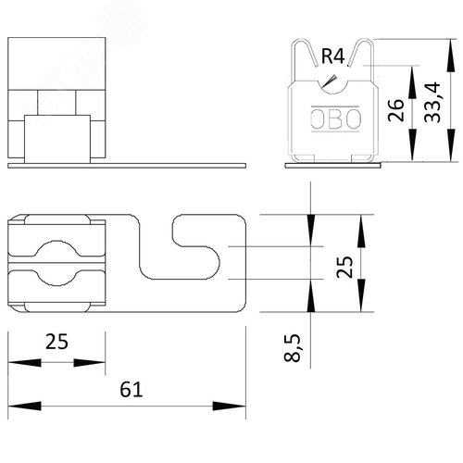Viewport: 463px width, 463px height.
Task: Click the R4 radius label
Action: [332, 56]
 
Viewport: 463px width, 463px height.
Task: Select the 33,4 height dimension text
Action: [432, 102]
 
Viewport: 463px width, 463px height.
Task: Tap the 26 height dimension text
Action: [395, 110]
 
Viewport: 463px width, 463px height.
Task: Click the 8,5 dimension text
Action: [292, 347]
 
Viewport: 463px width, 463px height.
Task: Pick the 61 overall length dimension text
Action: [131, 389]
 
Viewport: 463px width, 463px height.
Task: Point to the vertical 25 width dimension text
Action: [344, 267]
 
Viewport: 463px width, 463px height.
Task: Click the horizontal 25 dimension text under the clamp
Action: [56, 342]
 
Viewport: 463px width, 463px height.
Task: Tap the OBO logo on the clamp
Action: [335, 119]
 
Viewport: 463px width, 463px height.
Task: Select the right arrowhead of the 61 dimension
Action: [230, 406]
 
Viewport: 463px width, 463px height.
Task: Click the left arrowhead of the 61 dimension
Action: [24, 406]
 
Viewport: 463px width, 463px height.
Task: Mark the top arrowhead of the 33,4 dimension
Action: [451, 56]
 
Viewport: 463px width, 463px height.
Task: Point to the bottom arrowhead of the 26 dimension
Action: [412, 144]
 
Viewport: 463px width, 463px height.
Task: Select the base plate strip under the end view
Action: [332, 166]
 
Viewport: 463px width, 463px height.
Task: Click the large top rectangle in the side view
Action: [56, 64]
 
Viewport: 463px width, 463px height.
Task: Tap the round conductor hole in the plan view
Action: [56, 263]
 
